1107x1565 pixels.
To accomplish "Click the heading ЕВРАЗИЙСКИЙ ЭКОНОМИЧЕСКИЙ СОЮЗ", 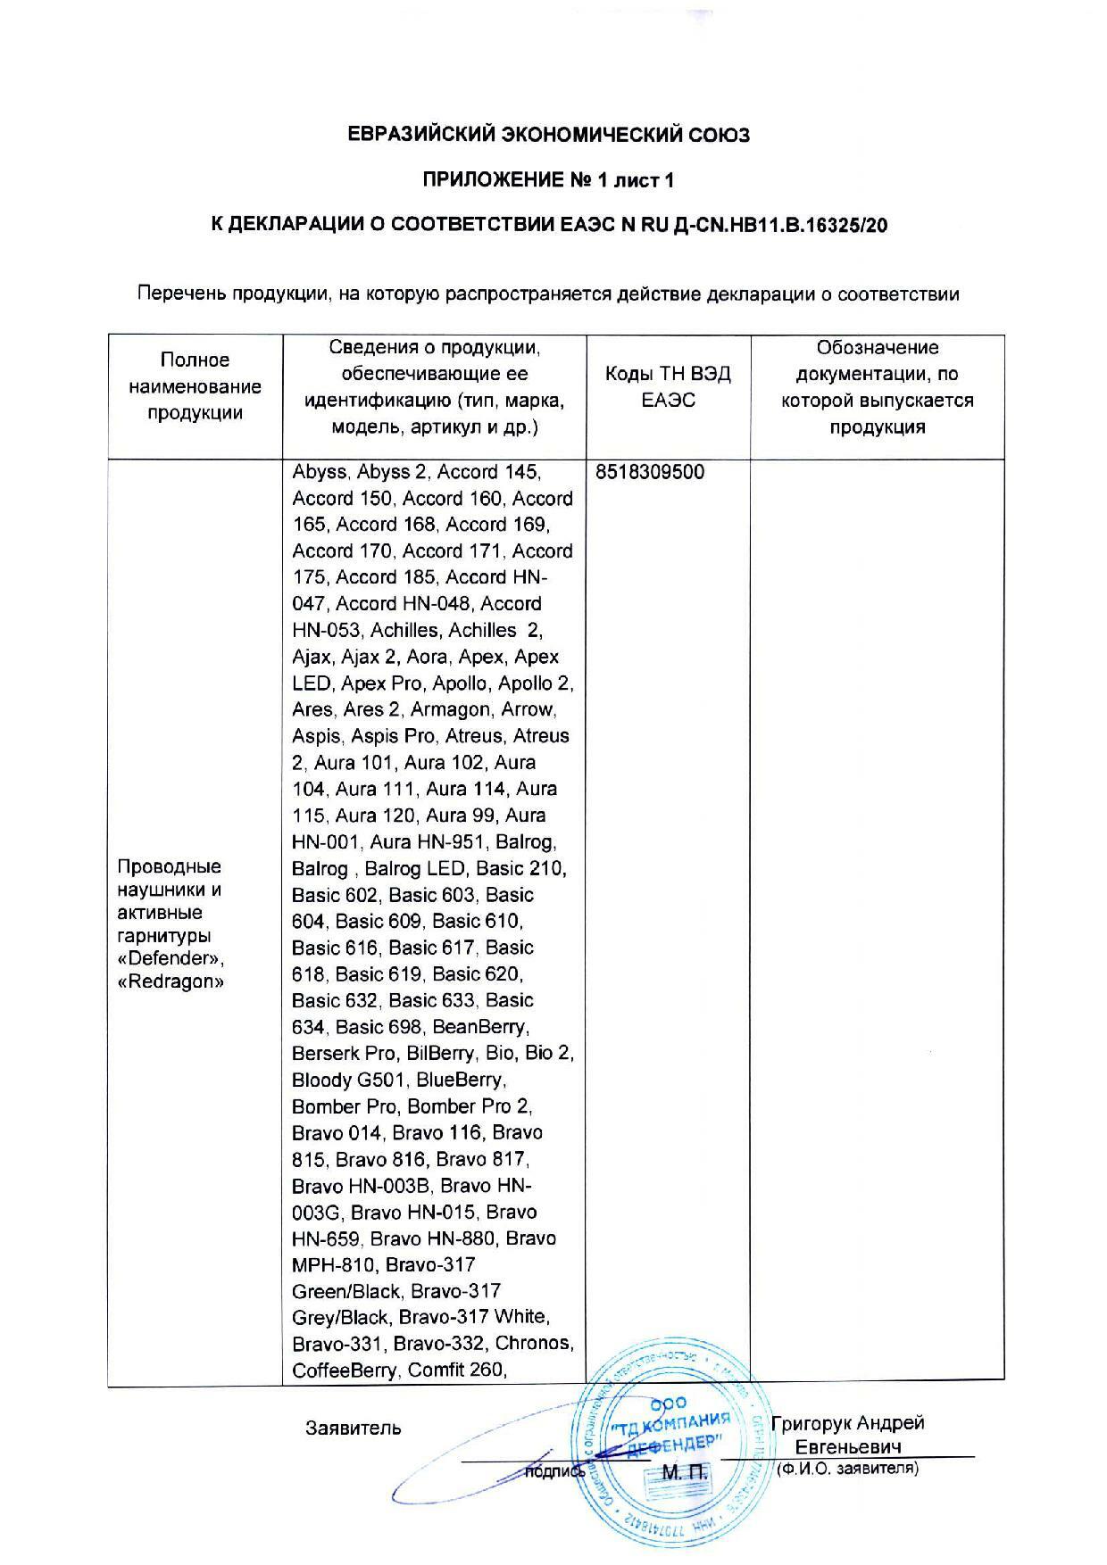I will pos(548,135).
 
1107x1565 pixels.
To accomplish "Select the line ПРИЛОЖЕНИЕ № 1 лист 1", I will pos(548,180).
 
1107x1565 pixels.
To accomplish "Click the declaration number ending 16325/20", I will pos(548,226).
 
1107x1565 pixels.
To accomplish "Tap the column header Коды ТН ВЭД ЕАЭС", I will pos(668,386).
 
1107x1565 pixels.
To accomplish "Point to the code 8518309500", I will pos(650,472).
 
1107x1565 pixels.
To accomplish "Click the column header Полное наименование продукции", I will pos(196,386).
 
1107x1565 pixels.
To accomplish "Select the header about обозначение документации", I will pos(878,386).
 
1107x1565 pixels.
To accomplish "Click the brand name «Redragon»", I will pos(171,981).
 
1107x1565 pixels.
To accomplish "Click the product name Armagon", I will pos(451,709).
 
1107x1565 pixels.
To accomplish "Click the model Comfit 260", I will pos(456,1370).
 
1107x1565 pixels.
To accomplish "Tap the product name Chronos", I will pos(533,1343).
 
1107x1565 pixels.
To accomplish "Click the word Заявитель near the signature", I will pos(354,1428).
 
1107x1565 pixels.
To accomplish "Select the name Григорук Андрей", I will pos(847,1423).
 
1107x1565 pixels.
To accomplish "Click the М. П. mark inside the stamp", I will pos(684,1470).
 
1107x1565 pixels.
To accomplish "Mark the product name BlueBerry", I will pos(461,1080).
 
